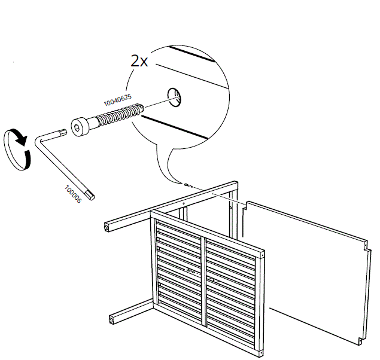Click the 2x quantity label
[x=139, y=60]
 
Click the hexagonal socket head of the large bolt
[x=78, y=127]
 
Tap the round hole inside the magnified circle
[x=175, y=96]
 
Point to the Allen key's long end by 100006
[x=90, y=195]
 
